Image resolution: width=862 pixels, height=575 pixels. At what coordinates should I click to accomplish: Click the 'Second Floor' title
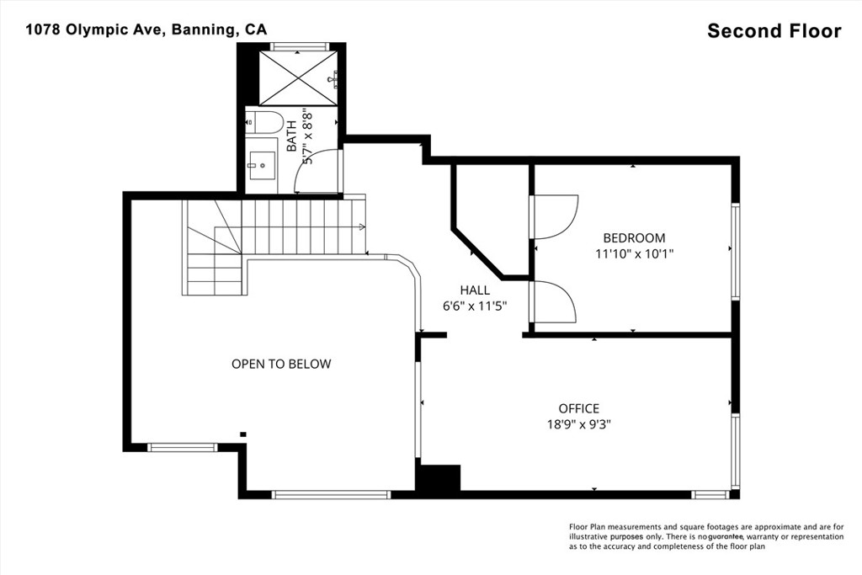click(774, 31)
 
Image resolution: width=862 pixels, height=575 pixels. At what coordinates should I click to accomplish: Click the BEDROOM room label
click(634, 238)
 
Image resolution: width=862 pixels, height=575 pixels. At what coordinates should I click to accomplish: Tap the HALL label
click(475, 290)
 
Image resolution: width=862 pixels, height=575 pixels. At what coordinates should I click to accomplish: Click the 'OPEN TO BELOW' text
click(281, 365)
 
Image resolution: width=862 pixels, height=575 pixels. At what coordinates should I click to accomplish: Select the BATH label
click(291, 135)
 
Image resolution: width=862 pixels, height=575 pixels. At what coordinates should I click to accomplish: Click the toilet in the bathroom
click(264, 123)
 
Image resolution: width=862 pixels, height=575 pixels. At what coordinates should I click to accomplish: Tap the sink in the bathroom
click(263, 161)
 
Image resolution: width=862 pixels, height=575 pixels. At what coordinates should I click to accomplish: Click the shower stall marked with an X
click(298, 77)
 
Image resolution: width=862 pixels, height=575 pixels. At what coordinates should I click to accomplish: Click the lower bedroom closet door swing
click(556, 302)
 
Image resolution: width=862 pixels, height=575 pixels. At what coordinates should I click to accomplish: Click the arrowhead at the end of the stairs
click(362, 226)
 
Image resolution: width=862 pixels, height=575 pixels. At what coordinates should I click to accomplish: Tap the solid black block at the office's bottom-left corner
click(439, 478)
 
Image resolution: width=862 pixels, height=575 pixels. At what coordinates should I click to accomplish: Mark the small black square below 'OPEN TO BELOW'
click(243, 434)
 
